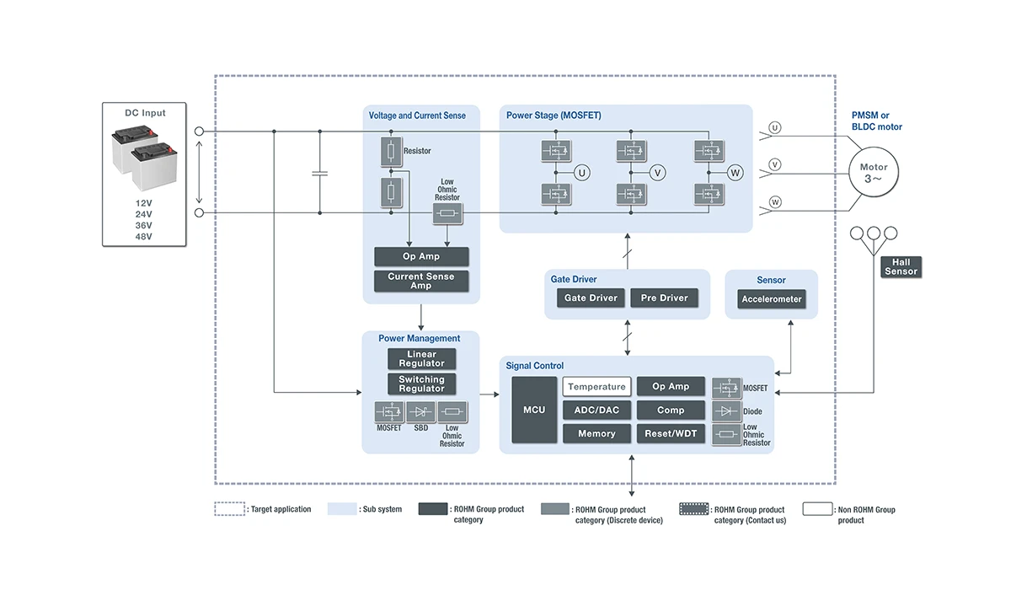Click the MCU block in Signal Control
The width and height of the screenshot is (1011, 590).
click(x=534, y=410)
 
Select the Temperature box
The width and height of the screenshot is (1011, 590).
click(x=596, y=387)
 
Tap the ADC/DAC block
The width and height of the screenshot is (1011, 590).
click(x=596, y=410)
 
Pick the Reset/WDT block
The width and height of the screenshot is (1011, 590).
click(x=671, y=434)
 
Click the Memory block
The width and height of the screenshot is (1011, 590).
click(x=596, y=434)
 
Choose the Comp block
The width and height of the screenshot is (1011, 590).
click(x=671, y=410)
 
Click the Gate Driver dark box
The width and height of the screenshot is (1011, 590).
click(x=591, y=298)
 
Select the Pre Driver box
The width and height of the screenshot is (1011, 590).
click(x=664, y=298)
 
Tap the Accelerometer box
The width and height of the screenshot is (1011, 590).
click(x=772, y=299)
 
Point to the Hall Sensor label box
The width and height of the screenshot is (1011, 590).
click(x=901, y=267)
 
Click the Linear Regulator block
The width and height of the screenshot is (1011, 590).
click(x=421, y=359)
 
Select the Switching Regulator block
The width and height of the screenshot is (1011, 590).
click(x=421, y=384)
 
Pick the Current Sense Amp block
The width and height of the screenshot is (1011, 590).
click(x=421, y=282)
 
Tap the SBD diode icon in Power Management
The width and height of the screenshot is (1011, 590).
click(x=421, y=412)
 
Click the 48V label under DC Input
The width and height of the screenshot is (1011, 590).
click(x=144, y=237)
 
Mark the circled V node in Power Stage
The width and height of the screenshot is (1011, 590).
click(x=658, y=173)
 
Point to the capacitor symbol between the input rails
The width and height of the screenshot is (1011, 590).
click(x=319, y=173)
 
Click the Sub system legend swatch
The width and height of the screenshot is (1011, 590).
click(x=342, y=509)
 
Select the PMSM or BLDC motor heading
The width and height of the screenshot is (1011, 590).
click(x=876, y=121)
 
